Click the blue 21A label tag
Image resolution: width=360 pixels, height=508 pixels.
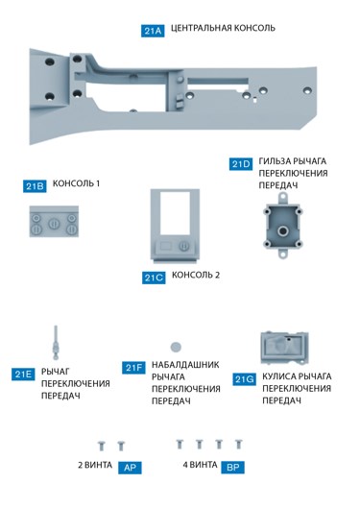click(x=153, y=31)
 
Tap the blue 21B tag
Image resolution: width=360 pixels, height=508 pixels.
click(x=36, y=185)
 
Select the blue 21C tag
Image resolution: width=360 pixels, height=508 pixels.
click(x=154, y=278)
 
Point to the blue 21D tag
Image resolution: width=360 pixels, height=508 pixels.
click(x=241, y=164)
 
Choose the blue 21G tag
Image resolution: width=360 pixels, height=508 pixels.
click(x=245, y=379)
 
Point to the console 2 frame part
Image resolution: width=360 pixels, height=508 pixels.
click(x=174, y=227)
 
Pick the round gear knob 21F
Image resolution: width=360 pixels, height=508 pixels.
click(x=176, y=346)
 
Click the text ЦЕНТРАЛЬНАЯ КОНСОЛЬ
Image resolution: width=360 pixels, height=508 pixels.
click(x=223, y=29)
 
